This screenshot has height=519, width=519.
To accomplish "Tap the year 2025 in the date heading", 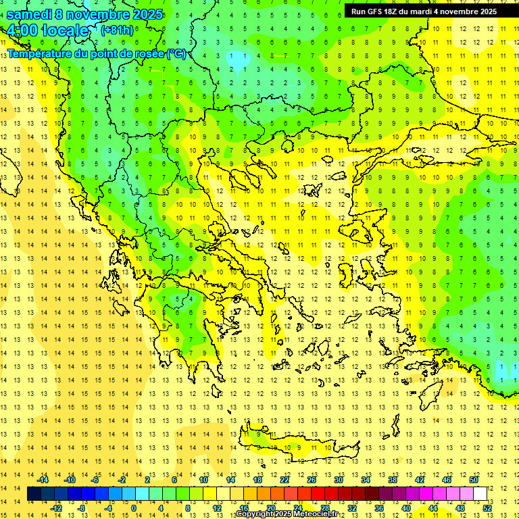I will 144,14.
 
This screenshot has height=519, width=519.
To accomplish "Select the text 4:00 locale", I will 47,30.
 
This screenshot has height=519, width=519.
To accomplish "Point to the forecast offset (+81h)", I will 117,30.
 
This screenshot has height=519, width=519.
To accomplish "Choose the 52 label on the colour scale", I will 487,508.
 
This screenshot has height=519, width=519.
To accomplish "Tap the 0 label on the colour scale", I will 134,508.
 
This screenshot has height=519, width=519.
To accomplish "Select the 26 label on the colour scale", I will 312,480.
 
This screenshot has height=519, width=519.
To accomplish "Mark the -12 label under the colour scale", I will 56,508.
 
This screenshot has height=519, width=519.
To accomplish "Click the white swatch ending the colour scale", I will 480,494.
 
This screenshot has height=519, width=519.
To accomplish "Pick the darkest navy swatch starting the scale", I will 34,494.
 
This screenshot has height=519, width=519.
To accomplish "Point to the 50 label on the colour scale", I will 474,480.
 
